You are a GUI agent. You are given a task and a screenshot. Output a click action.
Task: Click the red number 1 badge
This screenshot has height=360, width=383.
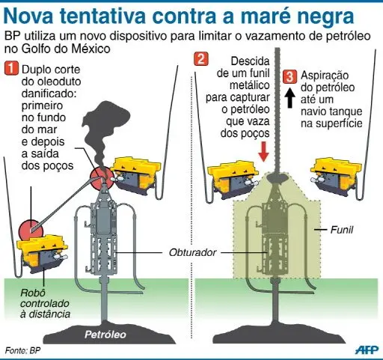[11, 69]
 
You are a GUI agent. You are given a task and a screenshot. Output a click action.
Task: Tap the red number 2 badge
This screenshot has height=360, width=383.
[201, 59]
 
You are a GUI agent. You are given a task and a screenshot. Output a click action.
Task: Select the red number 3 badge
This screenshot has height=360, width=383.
[290, 76]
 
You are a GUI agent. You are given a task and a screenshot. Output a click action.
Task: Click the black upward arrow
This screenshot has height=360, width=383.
[289, 97]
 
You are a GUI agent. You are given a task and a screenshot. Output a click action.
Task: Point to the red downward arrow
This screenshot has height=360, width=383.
[263, 152]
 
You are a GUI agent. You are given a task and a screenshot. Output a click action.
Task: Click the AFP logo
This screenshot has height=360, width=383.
[367, 350]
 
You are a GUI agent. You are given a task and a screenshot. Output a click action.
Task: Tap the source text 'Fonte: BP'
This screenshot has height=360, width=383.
[22, 350]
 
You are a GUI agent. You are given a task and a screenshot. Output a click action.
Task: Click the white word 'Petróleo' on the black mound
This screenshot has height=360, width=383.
[105, 335]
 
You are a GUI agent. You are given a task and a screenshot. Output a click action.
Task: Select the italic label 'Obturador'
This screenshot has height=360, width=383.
[192, 252]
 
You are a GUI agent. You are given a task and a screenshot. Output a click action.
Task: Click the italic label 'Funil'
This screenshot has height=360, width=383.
[342, 230]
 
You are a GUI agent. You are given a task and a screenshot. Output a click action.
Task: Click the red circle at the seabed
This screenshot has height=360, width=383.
[31, 230]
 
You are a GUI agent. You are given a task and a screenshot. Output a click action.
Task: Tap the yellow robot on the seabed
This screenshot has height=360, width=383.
[42, 253]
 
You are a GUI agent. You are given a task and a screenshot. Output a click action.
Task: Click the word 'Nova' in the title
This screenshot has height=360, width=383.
[29, 16]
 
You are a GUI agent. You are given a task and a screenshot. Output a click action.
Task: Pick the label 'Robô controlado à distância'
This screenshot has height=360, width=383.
[45, 303]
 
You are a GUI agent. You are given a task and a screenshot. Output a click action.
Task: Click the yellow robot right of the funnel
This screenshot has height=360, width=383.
[337, 177]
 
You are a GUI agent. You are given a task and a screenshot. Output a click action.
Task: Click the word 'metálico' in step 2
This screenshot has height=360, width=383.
[250, 85]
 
